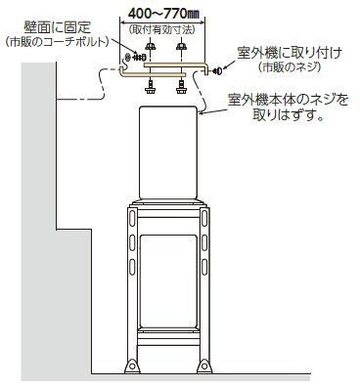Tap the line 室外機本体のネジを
(287, 100)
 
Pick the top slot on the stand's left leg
(128, 222)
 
